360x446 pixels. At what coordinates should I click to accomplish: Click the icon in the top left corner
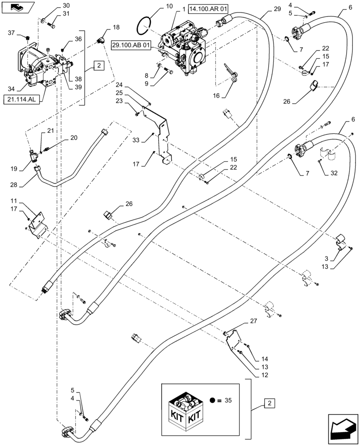pyautogui.click(x=16, y=8)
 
